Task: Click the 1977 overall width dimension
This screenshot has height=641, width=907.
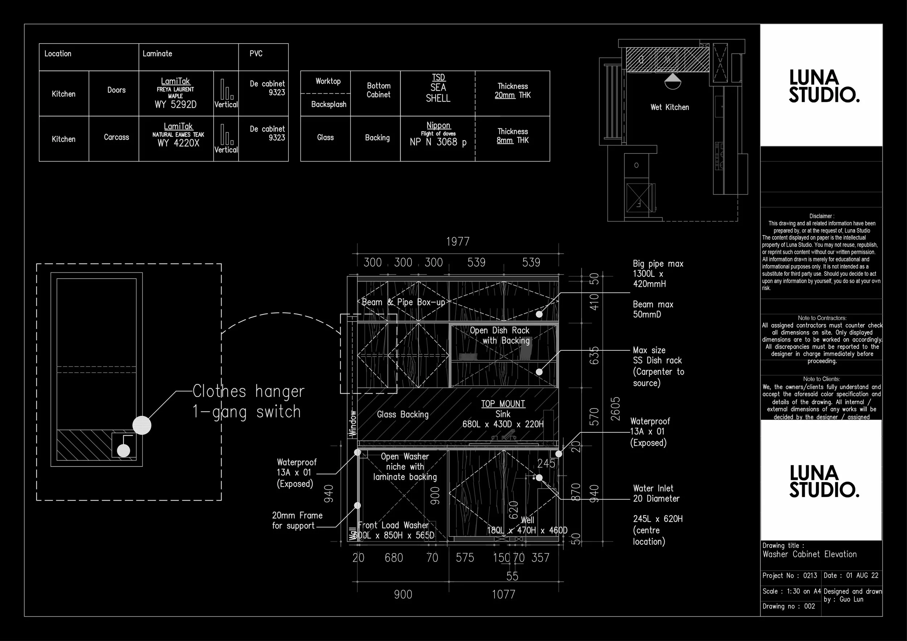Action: click(457, 242)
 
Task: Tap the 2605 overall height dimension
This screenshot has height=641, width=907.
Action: click(615, 409)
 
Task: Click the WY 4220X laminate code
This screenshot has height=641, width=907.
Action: click(178, 143)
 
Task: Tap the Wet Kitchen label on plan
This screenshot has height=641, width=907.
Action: click(669, 107)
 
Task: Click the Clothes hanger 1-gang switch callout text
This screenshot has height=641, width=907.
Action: click(248, 401)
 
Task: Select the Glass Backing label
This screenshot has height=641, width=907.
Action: click(403, 414)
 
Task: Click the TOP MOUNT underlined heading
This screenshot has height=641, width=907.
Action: click(503, 404)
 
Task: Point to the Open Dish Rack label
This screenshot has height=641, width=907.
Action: click(499, 330)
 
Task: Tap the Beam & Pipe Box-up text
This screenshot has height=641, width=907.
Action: click(403, 302)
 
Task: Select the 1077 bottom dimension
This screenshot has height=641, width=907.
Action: click(503, 595)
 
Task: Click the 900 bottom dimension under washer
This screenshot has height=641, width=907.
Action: click(403, 595)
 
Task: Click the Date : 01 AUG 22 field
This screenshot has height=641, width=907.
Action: click(851, 575)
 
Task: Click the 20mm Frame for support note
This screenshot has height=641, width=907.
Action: click(297, 521)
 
